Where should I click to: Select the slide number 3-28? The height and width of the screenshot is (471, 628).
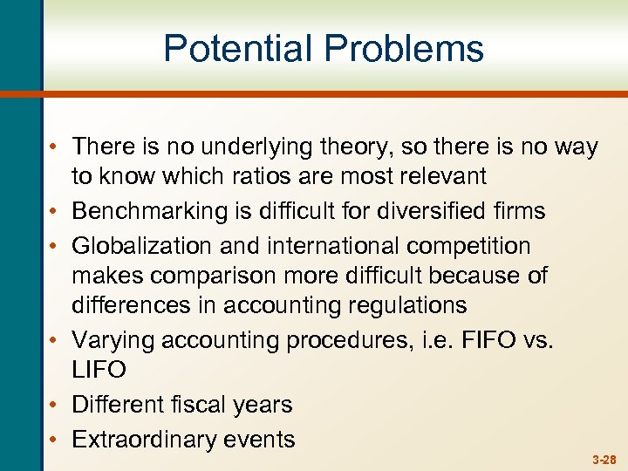point(604,458)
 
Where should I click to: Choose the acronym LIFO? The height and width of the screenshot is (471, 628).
point(99,370)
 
